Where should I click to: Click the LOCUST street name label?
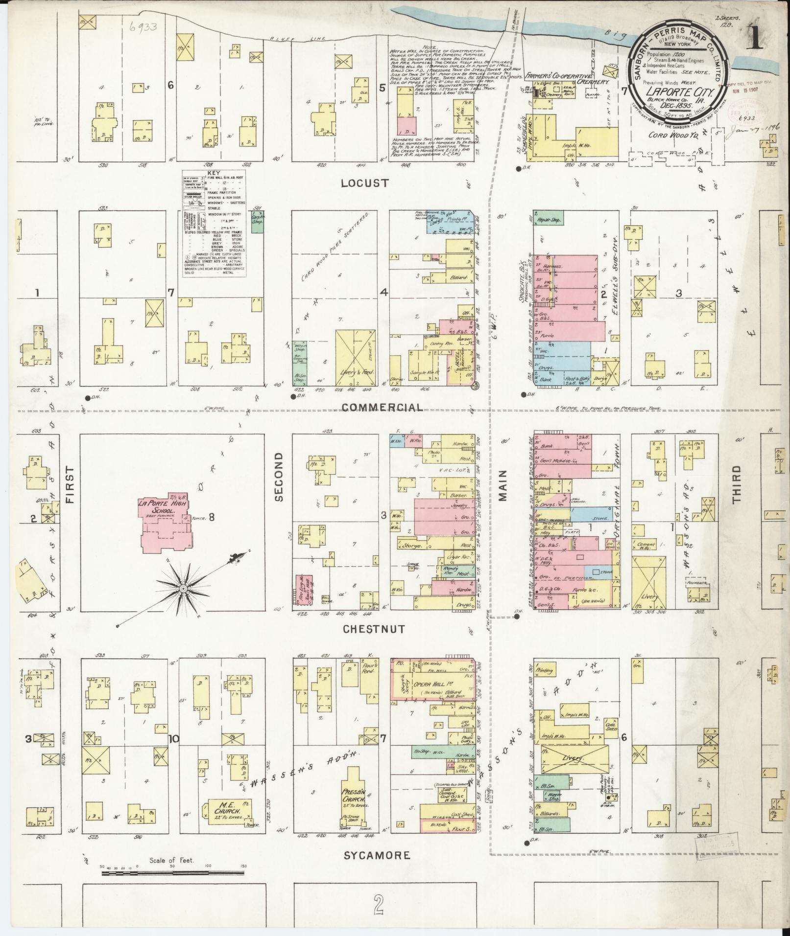click(365, 183)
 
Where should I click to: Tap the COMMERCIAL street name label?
click(383, 408)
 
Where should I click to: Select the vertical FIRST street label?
click(70, 485)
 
